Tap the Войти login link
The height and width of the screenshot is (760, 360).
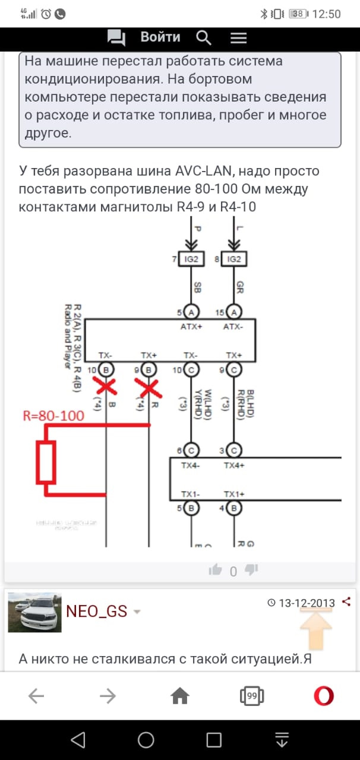pyautogui.click(x=160, y=37)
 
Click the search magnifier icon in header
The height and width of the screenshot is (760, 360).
pyautogui.click(x=204, y=38)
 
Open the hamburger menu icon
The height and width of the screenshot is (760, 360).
pyautogui.click(x=238, y=38)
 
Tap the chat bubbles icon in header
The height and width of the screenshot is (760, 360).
pyautogui.click(x=116, y=38)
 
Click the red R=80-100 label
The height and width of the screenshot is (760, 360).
pyautogui.click(x=53, y=416)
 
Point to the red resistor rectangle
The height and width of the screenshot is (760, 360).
pyautogui.click(x=46, y=461)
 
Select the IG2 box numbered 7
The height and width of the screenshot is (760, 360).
pyautogui.click(x=191, y=259)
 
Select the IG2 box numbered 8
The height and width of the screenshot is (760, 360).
pyautogui.click(x=234, y=259)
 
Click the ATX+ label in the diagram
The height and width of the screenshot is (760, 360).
pyautogui.click(x=191, y=326)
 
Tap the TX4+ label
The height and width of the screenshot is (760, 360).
pyautogui.click(x=234, y=465)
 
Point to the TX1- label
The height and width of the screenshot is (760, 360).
pyautogui.click(x=191, y=494)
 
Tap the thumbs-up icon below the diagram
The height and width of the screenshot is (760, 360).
pyautogui.click(x=215, y=570)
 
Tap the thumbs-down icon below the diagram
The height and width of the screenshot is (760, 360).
pyautogui.click(x=252, y=570)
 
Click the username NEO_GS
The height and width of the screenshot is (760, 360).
pyautogui.click(x=96, y=611)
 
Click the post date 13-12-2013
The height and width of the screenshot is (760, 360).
pyautogui.click(x=307, y=603)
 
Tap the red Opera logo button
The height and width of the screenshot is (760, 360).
pyautogui.click(x=323, y=696)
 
